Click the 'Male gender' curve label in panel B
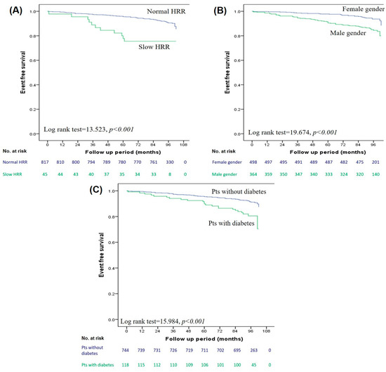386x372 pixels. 341,33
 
